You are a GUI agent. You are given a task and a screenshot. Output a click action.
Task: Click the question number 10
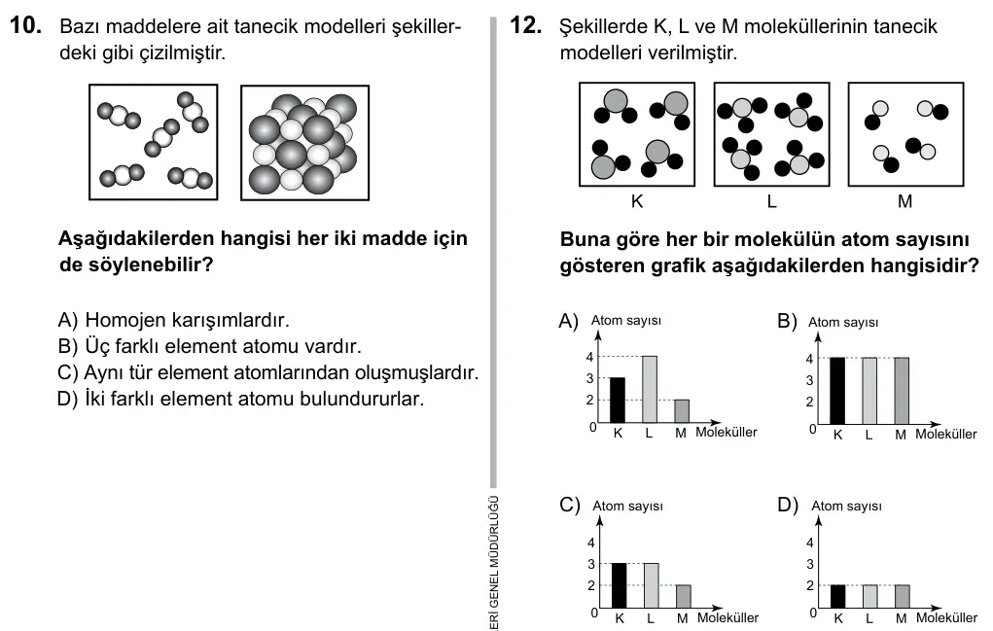[26, 25]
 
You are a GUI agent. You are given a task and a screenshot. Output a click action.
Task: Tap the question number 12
[526, 25]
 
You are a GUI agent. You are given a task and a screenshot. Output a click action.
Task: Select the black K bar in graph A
[618, 400]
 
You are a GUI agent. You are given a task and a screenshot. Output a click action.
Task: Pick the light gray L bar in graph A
[649, 389]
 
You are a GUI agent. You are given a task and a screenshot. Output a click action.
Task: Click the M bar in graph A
[682, 410]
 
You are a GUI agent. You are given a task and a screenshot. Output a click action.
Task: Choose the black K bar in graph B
[837, 391]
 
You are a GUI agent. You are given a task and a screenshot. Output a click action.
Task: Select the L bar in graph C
[651, 585]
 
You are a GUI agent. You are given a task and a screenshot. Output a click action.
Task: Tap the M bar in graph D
[902, 596]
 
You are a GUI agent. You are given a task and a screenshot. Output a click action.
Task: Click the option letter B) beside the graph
[787, 322]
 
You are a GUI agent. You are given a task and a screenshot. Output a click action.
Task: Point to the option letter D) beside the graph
[788, 505]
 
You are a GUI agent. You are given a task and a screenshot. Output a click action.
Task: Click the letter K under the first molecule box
[637, 201]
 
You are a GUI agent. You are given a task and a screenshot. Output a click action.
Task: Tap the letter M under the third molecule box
[904, 201]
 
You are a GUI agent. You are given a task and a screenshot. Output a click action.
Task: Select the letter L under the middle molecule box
[771, 201]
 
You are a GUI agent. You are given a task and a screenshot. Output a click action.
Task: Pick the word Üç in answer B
[97, 346]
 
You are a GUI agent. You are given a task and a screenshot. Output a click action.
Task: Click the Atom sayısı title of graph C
[627, 507]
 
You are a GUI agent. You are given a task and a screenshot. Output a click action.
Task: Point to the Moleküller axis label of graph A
[727, 433]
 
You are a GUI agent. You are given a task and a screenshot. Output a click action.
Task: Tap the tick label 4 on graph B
[809, 359]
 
